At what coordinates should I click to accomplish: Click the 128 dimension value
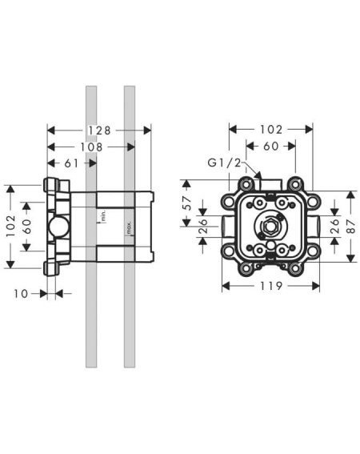pos(99,131)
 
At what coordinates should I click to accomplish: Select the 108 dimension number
pos(91,147)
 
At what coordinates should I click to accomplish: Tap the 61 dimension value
pos(71,163)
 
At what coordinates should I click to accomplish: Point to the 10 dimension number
pos(21,294)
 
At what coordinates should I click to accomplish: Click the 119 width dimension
pos(271,286)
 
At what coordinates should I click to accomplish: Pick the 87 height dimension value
pos(350,227)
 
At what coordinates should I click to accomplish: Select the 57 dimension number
pos(187,203)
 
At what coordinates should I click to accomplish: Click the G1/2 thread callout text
pos(224,163)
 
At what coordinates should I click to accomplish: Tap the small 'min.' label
pos(104,216)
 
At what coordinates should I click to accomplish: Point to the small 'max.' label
pos(129,228)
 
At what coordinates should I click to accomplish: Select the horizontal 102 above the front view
pos(271,130)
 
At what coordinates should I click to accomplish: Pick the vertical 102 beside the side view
pos(10,226)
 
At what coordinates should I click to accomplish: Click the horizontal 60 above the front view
pos(271,147)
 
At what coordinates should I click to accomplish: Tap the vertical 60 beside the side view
pos(26,227)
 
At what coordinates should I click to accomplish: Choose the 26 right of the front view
pos(334,226)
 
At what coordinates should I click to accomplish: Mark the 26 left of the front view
pos(203,226)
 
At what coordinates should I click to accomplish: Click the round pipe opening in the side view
pos(58,227)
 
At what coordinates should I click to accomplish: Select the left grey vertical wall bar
pos(91,227)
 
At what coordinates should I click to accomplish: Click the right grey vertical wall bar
pos(130,227)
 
